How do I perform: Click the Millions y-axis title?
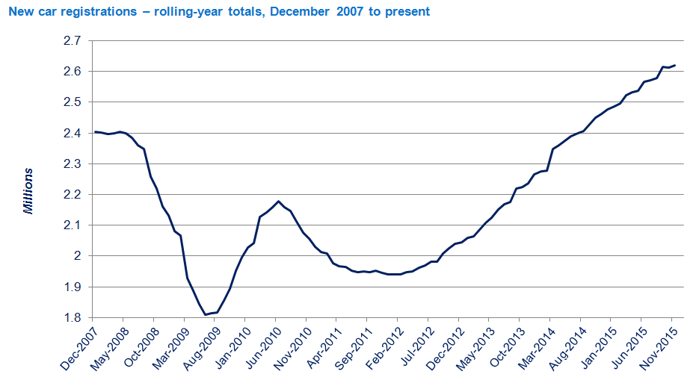tap(29, 191)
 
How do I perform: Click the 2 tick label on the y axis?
tap(76, 256)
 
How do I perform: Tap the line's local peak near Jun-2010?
tap(278, 201)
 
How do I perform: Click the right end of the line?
tap(675, 65)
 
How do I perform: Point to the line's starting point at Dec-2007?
tap(94, 132)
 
